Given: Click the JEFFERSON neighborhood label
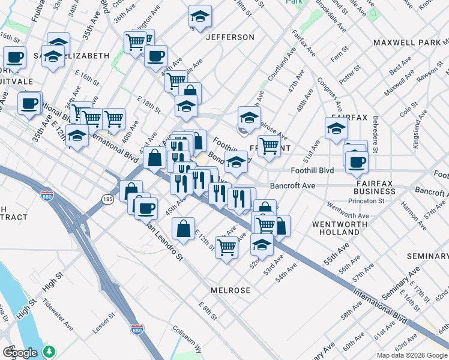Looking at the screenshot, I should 230,37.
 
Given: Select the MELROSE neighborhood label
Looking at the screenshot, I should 230,290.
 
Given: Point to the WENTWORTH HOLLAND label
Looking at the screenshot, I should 336,228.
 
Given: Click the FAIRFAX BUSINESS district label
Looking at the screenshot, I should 375,187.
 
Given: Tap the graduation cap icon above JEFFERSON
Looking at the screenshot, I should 200,17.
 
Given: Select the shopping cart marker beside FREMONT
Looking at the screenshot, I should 270,145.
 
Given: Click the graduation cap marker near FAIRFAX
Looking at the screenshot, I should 336,128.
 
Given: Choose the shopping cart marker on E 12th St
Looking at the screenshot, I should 226,247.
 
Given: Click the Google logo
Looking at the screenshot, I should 20,353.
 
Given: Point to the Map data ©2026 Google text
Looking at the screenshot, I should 412,355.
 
